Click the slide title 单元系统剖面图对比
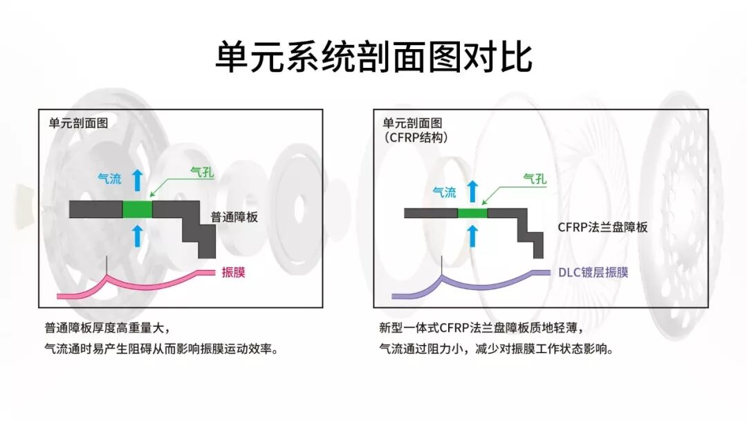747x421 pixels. tap(373, 57)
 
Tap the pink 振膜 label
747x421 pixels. tap(233, 272)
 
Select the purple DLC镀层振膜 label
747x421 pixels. tap(593, 272)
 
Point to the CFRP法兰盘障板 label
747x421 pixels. tap(602, 226)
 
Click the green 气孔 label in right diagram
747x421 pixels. tap(535, 180)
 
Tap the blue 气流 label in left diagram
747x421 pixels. tap(109, 179)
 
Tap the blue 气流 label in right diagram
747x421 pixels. tap(444, 192)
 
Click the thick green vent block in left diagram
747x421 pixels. tap(137, 209)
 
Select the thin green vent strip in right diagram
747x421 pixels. tap(472, 213)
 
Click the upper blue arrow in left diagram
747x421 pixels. tap(137, 180)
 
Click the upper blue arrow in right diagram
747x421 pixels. tap(473, 190)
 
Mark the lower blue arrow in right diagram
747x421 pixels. tap(473, 235)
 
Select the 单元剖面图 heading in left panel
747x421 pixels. tap(78, 123)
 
